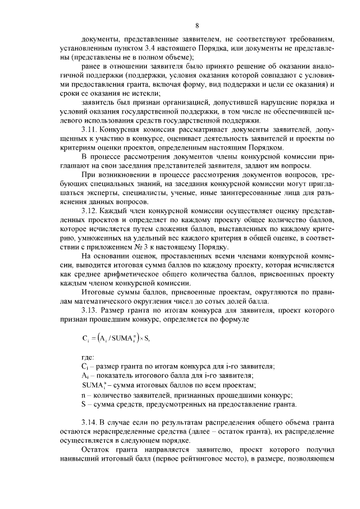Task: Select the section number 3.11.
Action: click(91, 129)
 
